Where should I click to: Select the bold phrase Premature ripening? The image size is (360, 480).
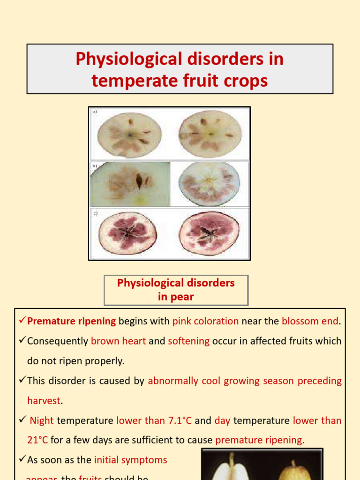(72, 321)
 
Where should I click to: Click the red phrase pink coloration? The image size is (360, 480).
(205, 321)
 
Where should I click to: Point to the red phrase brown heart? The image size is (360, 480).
(118, 341)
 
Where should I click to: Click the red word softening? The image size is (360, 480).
(188, 341)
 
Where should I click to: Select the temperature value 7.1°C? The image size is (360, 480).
(180, 420)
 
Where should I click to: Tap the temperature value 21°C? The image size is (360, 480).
(37, 440)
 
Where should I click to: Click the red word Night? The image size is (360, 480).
(42, 420)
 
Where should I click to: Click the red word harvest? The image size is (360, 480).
(44, 401)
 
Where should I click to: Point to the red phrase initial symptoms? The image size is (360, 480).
(130, 460)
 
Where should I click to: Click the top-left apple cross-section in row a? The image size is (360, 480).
(129, 135)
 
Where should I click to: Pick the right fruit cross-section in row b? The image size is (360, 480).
(209, 184)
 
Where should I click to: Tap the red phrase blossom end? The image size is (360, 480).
(309, 321)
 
